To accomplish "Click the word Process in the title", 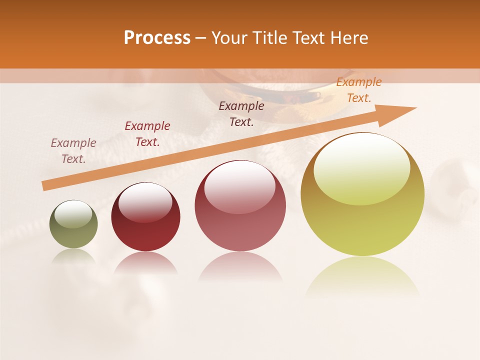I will point(157,38).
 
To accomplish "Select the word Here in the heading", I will point(348,38).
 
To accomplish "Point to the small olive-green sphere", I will point(73,224).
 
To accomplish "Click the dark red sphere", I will point(145,217).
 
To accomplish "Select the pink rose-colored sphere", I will point(240,205).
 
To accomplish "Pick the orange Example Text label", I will point(358,90).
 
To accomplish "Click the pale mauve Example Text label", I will point(73,150).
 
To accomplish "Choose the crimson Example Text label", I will point(147,133).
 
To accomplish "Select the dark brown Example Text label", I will point(241,113).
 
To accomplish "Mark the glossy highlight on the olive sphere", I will point(73,214).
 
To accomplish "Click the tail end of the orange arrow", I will point(46,185).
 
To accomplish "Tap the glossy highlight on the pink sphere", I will point(239,187).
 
